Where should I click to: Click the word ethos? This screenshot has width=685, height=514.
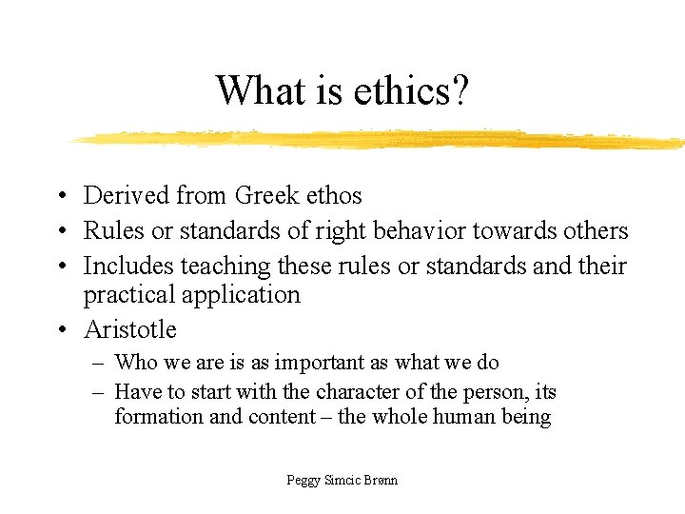(x=336, y=196)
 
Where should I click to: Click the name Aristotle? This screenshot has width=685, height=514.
(x=130, y=329)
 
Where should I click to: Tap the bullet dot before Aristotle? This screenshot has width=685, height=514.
(x=60, y=330)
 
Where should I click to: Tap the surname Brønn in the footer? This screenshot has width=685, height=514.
(x=379, y=480)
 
